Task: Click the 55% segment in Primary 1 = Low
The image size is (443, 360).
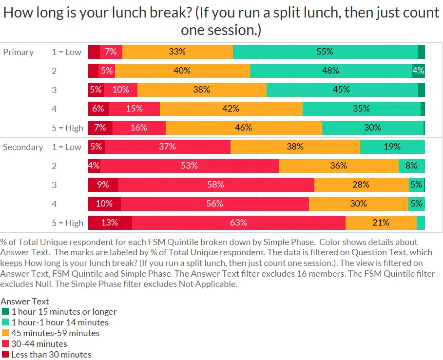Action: point(325,52)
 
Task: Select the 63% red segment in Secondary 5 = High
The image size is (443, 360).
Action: point(238,223)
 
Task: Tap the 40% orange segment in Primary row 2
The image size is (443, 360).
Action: point(182,71)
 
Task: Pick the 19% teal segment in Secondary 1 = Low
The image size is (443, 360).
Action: point(392,147)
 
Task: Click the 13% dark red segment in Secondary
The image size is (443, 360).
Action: point(110,223)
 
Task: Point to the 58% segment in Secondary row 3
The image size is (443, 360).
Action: point(216,185)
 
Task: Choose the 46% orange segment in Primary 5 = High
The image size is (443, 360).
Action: point(244,128)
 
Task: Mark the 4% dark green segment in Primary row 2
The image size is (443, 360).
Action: point(418,71)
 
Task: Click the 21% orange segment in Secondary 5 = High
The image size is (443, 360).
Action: point(381,223)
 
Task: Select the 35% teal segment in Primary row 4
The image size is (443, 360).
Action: point(362,109)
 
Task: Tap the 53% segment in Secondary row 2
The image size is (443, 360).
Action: point(190,166)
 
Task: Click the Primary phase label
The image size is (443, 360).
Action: point(19,52)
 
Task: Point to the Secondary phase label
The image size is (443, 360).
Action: point(23,147)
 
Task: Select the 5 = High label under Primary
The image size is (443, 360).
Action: point(68,128)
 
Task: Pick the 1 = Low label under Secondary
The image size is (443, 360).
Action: point(67,147)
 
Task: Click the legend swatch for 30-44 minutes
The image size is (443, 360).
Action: point(5,344)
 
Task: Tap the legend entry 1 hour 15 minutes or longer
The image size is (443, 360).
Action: point(64,312)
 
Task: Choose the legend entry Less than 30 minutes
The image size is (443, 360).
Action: point(51,355)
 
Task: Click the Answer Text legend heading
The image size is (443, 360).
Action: point(25,302)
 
